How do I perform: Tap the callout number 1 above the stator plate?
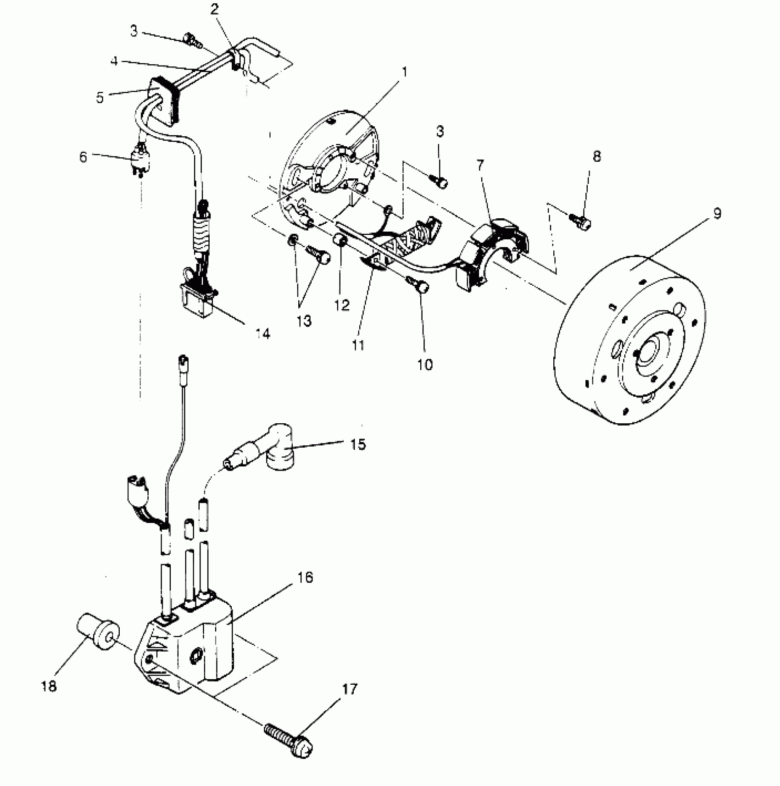click(404, 72)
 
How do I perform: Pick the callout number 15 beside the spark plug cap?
click(358, 444)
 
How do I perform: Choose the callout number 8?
click(596, 156)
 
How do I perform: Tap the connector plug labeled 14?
click(198, 296)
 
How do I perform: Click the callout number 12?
click(342, 305)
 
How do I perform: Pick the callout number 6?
click(83, 157)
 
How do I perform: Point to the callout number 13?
click(304, 321)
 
